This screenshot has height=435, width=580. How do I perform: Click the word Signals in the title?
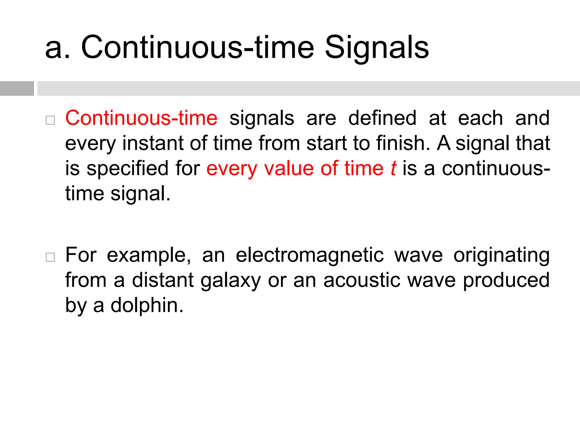(x=377, y=48)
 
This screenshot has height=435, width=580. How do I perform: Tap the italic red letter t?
(x=393, y=168)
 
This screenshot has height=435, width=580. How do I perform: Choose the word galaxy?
(x=231, y=280)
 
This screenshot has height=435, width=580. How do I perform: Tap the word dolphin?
(x=147, y=305)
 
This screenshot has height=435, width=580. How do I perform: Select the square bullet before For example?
(x=50, y=257)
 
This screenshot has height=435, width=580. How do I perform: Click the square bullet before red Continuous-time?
(x=50, y=120)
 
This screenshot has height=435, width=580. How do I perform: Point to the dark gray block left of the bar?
(x=17, y=88)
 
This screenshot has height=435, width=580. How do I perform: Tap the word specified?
(x=127, y=168)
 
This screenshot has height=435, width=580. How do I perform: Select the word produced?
(x=506, y=280)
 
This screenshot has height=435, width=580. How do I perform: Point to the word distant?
(x=163, y=280)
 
